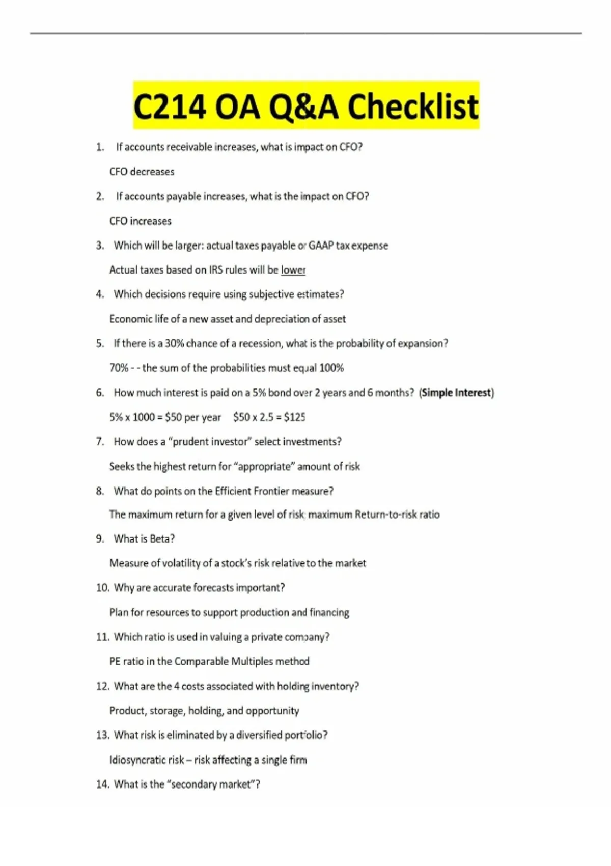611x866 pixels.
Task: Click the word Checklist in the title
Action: tap(413, 107)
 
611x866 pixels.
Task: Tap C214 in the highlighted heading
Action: tap(170, 107)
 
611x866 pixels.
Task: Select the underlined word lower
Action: tap(293, 270)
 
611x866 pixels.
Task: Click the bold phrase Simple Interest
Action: tap(457, 393)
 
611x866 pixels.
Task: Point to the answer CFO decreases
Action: tap(142, 172)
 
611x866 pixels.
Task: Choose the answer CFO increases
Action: tap(140, 221)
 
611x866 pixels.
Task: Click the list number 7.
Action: tap(100, 442)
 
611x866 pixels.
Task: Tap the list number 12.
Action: tap(102, 686)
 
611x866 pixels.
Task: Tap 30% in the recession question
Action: tap(174, 343)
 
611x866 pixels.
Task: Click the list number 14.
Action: tap(102, 784)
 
